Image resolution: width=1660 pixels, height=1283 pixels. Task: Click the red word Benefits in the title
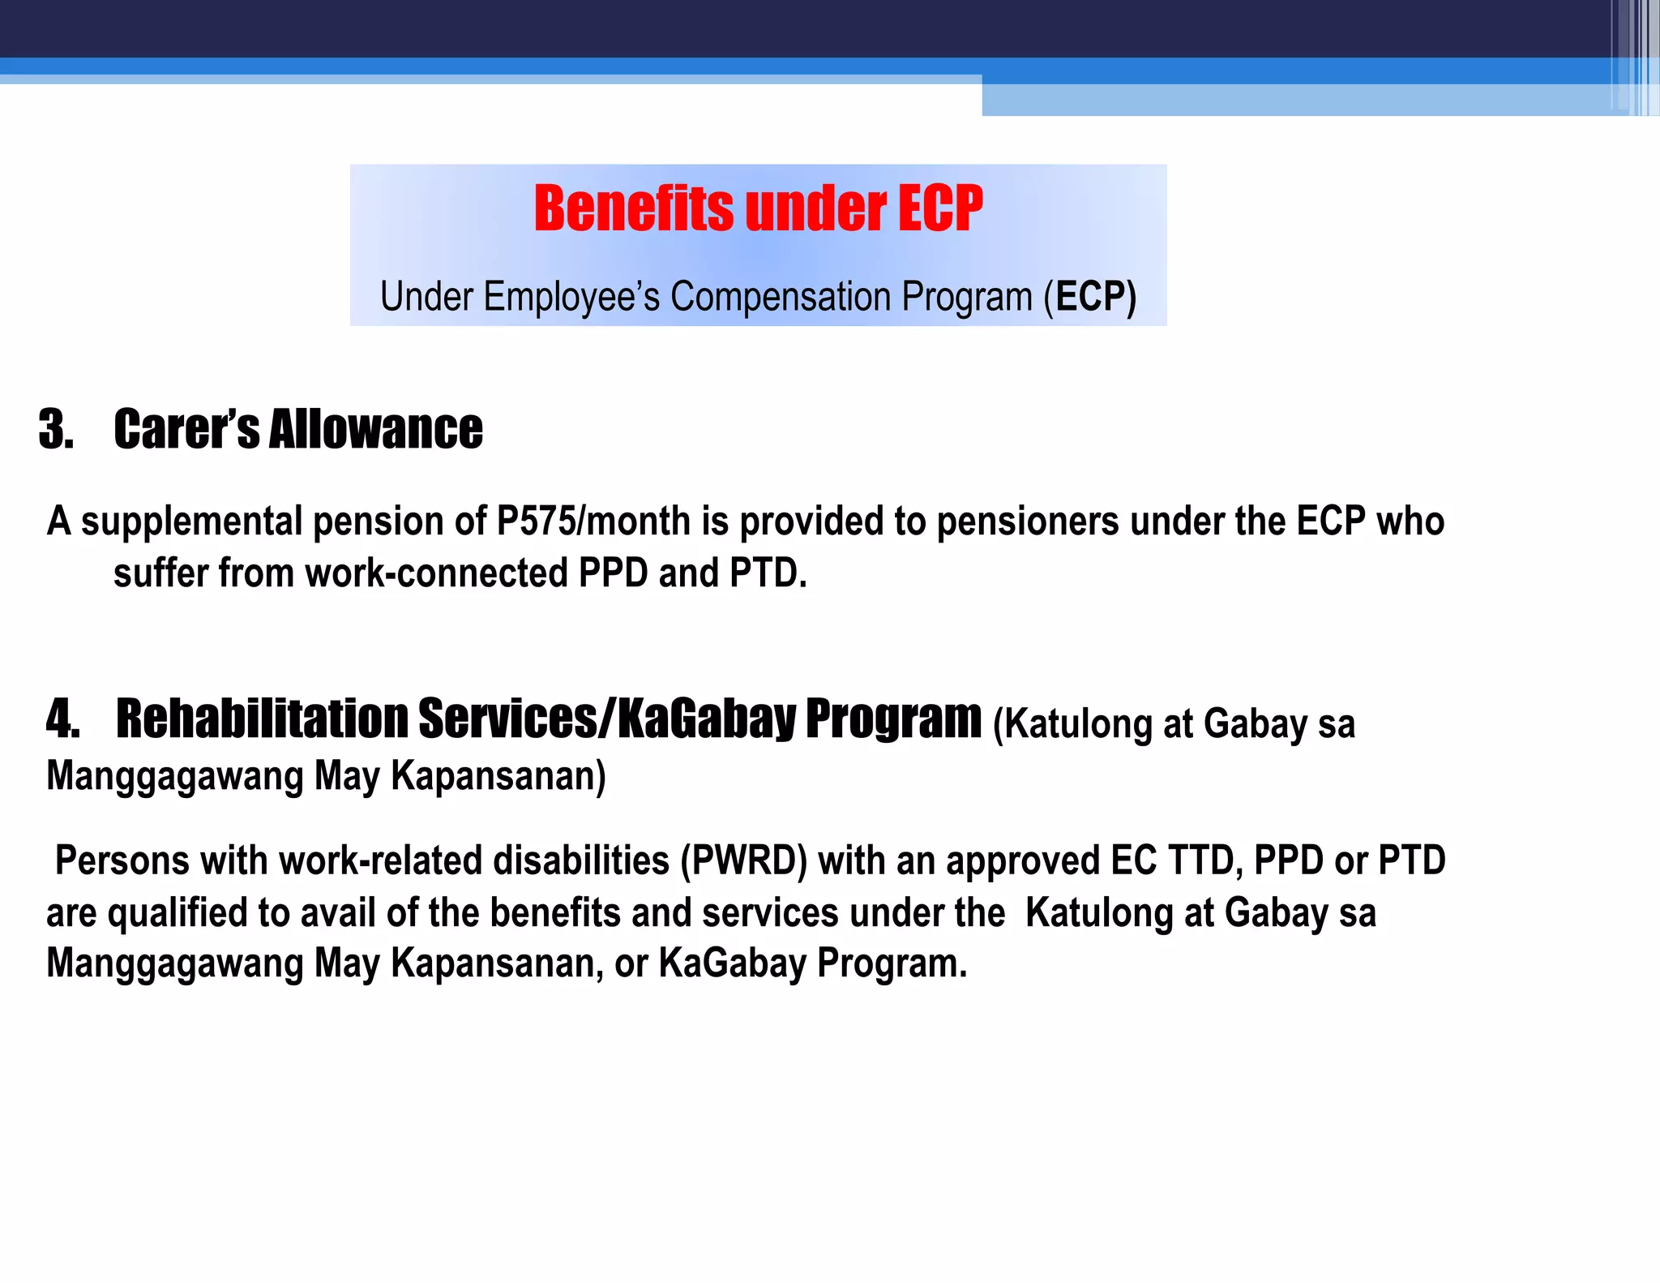point(633,209)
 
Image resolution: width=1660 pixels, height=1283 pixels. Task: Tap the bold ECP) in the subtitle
point(1096,297)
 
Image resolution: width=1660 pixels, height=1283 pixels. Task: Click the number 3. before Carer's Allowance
point(56,430)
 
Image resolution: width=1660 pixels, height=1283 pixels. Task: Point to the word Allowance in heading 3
point(375,430)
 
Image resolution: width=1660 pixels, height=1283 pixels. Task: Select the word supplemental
point(191,521)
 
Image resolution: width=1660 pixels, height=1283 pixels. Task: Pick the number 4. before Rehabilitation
point(62,719)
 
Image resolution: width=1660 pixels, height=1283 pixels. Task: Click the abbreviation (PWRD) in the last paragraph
point(743,860)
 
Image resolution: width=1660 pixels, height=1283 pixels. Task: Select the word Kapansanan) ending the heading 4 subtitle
point(498,776)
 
